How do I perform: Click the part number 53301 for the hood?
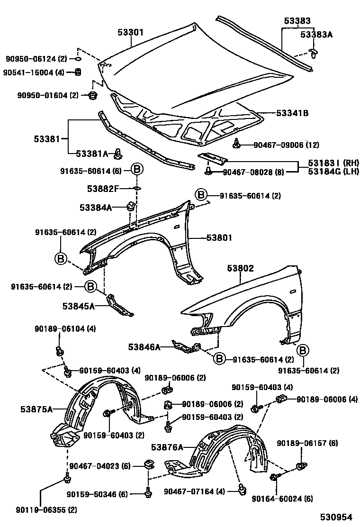pyautogui.click(x=130, y=33)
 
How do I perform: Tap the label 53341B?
pyautogui.click(x=293, y=113)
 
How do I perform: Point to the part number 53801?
pyautogui.click(x=219, y=238)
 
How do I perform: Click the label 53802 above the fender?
pyautogui.click(x=240, y=268)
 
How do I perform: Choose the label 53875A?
pyautogui.click(x=36, y=408)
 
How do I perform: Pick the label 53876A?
pyautogui.click(x=167, y=446)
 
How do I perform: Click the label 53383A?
pyautogui.click(x=317, y=34)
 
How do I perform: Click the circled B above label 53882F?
pyautogui.click(x=136, y=169)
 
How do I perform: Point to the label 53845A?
pyautogui.click(x=78, y=306)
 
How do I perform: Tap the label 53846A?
pyautogui.click(x=144, y=347)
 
